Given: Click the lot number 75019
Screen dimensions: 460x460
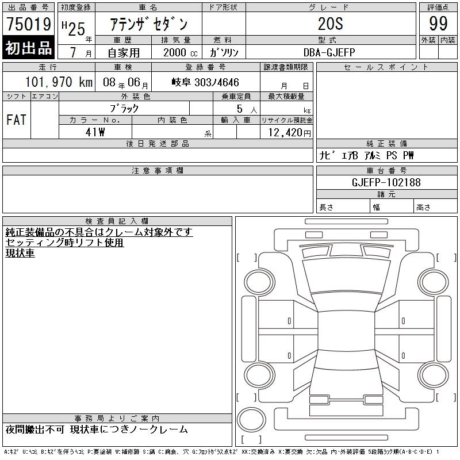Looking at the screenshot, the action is (29, 24).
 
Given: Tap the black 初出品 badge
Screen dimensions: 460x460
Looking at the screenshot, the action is (28, 47).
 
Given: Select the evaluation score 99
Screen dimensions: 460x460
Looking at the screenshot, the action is (438, 24).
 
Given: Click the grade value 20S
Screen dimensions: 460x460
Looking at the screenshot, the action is (331, 24).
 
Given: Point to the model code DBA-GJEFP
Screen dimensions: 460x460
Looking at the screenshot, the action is (329, 52).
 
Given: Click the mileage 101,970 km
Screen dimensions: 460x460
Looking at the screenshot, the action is (59, 82).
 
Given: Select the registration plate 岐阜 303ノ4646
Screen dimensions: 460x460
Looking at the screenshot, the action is (205, 82).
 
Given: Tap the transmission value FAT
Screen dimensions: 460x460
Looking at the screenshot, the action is (17, 120).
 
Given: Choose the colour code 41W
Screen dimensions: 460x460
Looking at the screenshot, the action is (95, 132).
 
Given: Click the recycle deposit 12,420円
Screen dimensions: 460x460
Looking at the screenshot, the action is (289, 133).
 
